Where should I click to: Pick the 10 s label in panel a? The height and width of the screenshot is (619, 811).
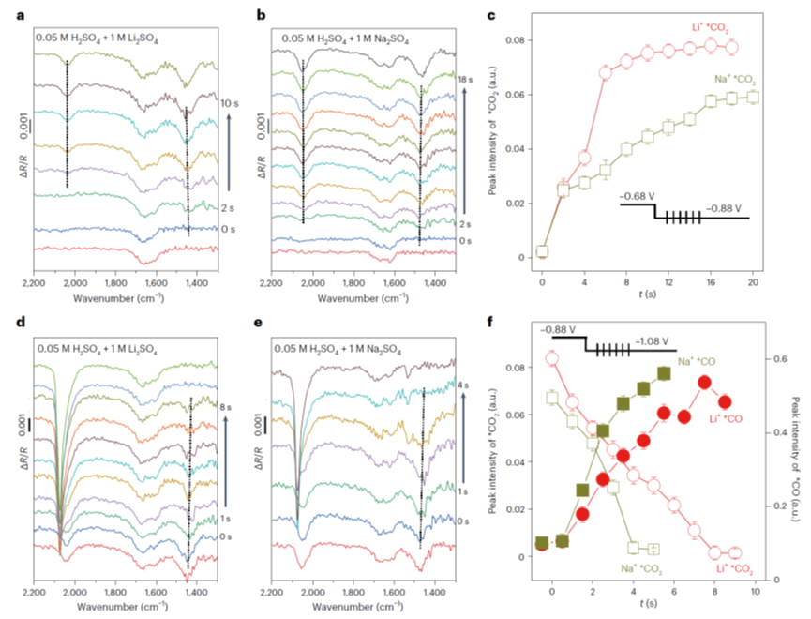click(229, 99)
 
